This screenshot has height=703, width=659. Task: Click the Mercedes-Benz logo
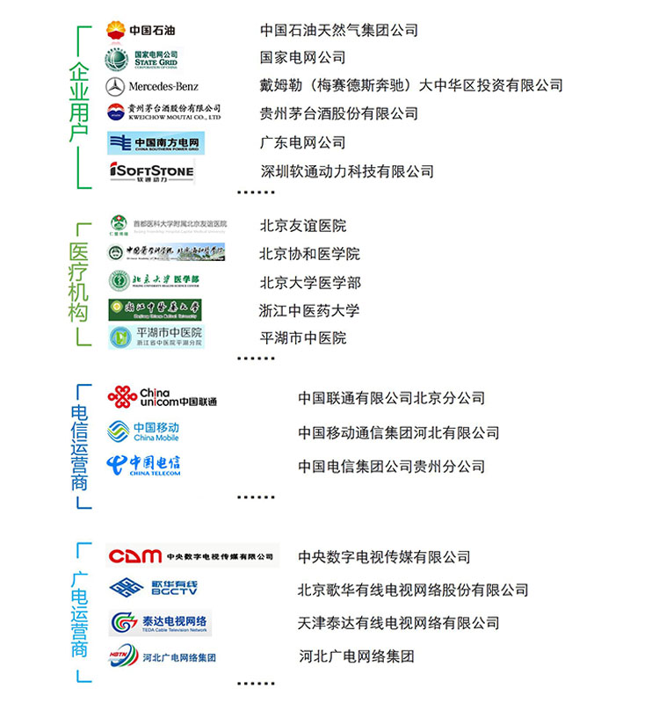[x=152, y=86]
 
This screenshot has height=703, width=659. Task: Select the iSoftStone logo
[x=151, y=171]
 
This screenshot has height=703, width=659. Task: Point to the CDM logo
[x=192, y=556]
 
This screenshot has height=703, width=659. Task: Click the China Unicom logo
[x=162, y=397]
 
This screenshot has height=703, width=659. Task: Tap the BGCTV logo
[x=154, y=589]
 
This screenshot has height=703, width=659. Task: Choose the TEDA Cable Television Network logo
[x=161, y=623]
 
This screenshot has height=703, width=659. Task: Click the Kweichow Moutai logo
[x=163, y=112]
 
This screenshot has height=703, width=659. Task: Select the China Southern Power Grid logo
[x=156, y=142]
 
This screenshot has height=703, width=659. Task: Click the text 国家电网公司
[x=302, y=58]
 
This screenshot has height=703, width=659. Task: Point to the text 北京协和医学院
[x=309, y=254]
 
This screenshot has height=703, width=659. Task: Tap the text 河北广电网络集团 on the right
[x=356, y=656]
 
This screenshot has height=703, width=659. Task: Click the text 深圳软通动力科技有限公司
[x=347, y=171]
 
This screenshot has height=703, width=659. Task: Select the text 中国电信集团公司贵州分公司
[x=391, y=467]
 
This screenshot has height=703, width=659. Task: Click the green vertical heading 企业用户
[x=79, y=104]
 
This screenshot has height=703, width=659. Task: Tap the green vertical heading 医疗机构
[x=79, y=283]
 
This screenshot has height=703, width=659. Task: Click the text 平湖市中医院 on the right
[x=302, y=338]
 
